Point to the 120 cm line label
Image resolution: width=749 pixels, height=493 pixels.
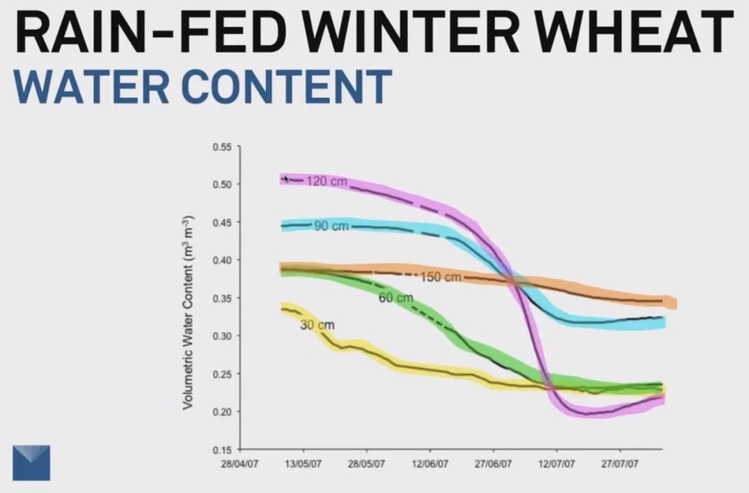click(322, 181)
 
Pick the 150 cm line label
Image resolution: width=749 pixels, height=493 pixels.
click(441, 278)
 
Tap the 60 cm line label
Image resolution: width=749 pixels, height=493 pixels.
click(396, 298)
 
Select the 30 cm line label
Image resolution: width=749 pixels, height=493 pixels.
click(317, 324)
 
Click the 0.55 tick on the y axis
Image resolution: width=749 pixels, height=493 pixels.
click(223, 147)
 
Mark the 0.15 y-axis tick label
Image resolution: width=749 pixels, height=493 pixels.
click(223, 450)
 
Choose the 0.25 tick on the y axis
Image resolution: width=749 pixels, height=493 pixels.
click(223, 374)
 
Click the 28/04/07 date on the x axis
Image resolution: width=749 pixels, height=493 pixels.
click(239, 464)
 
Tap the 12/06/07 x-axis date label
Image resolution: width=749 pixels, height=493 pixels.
click(431, 464)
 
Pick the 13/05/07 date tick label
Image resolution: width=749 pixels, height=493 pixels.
click(303, 464)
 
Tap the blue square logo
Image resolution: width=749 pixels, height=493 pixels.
click(32, 462)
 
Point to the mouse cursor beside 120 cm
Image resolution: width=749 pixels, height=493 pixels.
click(285, 179)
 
